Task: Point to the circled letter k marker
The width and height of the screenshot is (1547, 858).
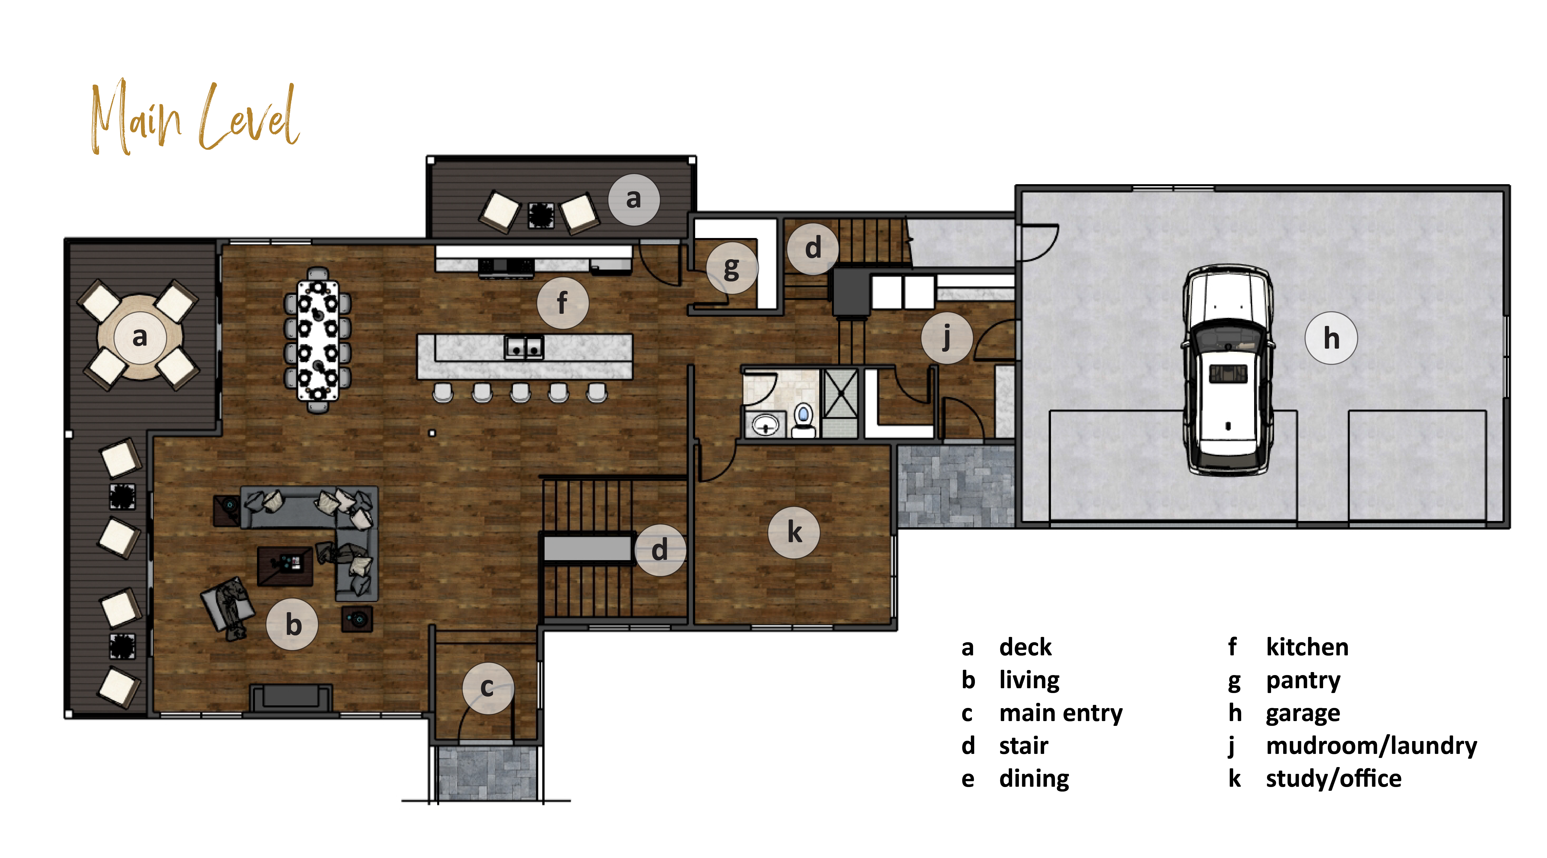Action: click(794, 533)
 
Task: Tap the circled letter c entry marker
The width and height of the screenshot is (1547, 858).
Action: click(488, 688)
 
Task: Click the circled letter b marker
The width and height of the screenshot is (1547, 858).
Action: click(292, 625)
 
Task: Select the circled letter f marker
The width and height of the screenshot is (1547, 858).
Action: click(562, 303)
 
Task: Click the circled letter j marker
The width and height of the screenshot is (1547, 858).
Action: click(946, 338)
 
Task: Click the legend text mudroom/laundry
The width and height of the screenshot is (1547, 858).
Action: click(1371, 746)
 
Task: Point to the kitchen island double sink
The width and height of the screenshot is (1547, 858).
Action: click(524, 346)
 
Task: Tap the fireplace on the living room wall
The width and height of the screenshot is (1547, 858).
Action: click(291, 698)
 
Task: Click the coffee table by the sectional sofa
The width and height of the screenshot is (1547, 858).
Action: click(285, 566)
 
